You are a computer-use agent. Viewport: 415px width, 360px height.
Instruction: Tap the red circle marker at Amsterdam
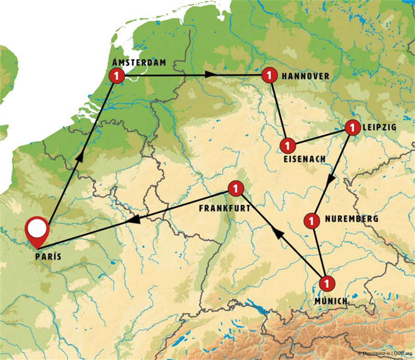click(x=117, y=75)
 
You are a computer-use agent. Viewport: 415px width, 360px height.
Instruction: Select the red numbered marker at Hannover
click(x=269, y=75)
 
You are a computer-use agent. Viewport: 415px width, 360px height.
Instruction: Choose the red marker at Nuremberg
click(x=312, y=220)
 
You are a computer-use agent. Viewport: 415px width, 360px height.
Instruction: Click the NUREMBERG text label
click(x=352, y=219)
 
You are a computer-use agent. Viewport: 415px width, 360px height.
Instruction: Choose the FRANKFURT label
click(x=225, y=208)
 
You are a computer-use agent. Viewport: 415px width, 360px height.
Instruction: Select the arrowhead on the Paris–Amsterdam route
click(x=79, y=157)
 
